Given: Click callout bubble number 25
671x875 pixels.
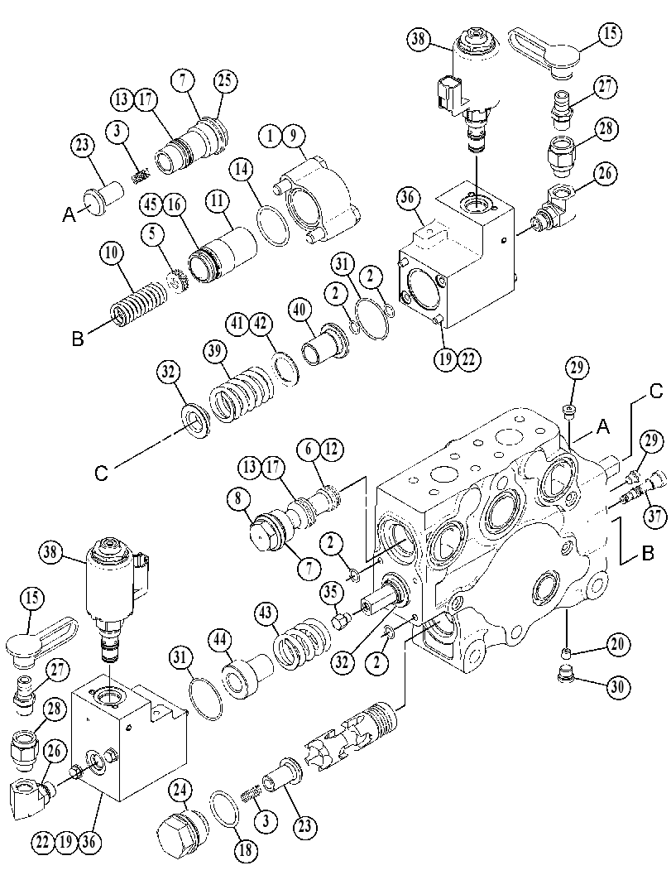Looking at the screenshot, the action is point(224,80).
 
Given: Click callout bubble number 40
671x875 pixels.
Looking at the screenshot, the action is point(300,310).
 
